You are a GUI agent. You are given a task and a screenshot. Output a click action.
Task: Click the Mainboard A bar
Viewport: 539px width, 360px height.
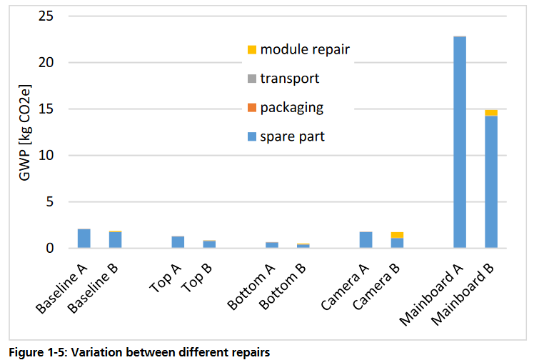(x=460, y=143)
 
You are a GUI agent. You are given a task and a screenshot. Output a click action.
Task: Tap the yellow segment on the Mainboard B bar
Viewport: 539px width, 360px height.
(x=491, y=113)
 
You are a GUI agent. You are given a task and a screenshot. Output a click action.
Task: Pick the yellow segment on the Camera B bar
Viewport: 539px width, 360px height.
(x=397, y=235)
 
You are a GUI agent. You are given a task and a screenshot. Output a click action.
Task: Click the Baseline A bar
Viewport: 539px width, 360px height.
(x=84, y=239)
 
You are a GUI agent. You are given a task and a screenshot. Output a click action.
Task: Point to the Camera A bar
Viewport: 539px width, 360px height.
(x=366, y=240)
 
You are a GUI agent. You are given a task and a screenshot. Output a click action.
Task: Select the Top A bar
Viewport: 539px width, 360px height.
(x=178, y=242)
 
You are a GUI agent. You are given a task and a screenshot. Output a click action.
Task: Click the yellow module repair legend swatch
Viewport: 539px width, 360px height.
(x=251, y=50)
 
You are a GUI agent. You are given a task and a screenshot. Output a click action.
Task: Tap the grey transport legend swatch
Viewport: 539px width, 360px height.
(x=251, y=79)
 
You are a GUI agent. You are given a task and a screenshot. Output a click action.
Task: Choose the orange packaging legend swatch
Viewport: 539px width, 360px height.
(x=251, y=108)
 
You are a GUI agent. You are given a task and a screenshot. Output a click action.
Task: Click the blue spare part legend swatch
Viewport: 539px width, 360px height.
(x=251, y=136)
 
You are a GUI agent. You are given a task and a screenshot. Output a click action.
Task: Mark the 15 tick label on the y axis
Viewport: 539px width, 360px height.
(x=46, y=109)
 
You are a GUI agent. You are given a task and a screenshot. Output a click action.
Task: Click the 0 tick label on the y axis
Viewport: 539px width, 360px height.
(x=50, y=249)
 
